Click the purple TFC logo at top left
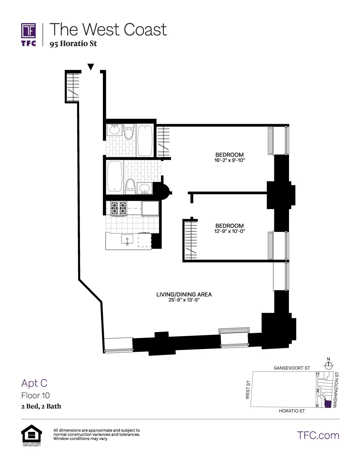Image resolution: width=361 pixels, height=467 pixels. pyautogui.click(x=29, y=34)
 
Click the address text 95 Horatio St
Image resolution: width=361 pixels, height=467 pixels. pyautogui.click(x=73, y=44)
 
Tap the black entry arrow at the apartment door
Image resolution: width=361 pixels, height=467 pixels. pyautogui.click(x=91, y=67)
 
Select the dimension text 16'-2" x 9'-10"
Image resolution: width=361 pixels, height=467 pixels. pyautogui.click(x=229, y=160)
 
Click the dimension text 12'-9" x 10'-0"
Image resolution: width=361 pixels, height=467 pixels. pyautogui.click(x=229, y=231)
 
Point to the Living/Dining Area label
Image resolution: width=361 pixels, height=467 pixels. pyautogui.click(x=184, y=294)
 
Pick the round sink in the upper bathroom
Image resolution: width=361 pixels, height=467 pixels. pyautogui.click(x=114, y=129)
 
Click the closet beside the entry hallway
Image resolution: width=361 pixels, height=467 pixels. pyautogui.click(x=73, y=86)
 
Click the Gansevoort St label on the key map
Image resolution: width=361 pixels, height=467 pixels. pyautogui.click(x=292, y=368)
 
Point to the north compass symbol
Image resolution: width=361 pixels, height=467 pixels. pyautogui.click(x=329, y=366)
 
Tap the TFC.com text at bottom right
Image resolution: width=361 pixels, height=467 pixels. pyautogui.click(x=318, y=435)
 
